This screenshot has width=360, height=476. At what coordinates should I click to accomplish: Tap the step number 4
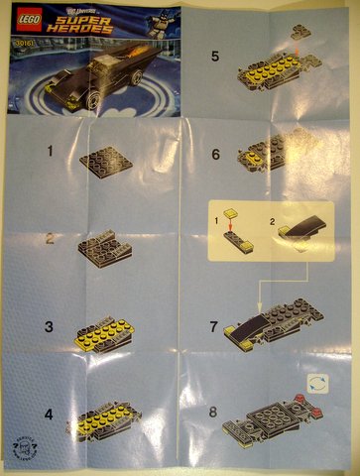(48, 405)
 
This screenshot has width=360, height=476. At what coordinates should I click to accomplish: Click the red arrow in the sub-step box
(231, 225)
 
